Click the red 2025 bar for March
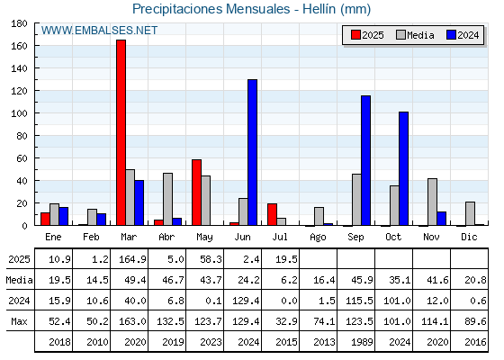[x=121, y=132]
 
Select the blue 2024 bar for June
[x=252, y=152]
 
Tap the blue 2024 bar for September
[x=365, y=160]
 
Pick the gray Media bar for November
[x=432, y=202]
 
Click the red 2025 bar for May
[x=197, y=193]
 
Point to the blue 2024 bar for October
[x=404, y=168]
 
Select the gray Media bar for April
[x=167, y=199]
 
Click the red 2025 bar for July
[x=272, y=214]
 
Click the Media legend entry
[x=415, y=35]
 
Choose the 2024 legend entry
[x=463, y=35]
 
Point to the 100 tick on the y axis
[x=36, y=113]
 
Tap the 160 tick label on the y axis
[x=19, y=46]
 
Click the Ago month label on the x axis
[x=318, y=238]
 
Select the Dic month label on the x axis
[x=469, y=237]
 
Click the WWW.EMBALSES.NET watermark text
[x=99, y=31]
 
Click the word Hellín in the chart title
[x=319, y=9]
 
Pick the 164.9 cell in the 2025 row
[x=132, y=259]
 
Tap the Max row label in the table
[x=19, y=321]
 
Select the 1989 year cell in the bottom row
[x=362, y=342]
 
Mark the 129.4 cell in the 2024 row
[x=246, y=301]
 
